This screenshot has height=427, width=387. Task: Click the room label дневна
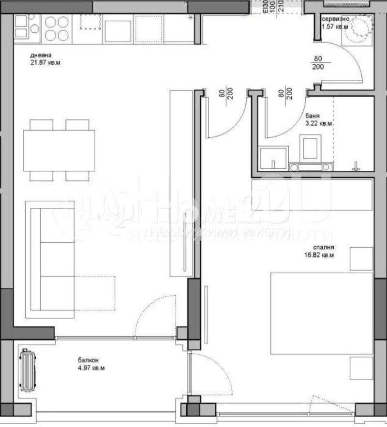(x=41, y=55)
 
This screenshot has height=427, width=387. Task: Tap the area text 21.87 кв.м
(x=46, y=63)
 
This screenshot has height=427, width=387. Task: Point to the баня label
(x=312, y=116)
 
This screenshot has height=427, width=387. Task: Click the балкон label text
(x=89, y=360)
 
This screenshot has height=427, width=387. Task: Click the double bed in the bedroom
(x=321, y=313)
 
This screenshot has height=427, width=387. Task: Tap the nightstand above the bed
(x=361, y=258)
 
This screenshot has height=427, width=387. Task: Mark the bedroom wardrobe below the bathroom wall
(x=313, y=194)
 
